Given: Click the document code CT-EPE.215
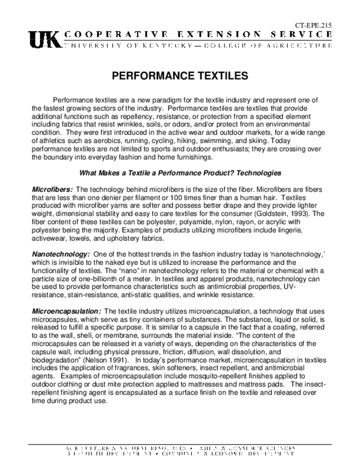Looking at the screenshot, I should (314, 25).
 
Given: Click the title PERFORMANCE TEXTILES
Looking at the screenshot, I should (180, 76).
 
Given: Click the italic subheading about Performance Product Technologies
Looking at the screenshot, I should (180, 173).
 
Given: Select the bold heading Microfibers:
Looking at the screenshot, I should (52, 189).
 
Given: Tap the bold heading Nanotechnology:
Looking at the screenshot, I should (61, 253).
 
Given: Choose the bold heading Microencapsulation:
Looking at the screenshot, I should (66, 311).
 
